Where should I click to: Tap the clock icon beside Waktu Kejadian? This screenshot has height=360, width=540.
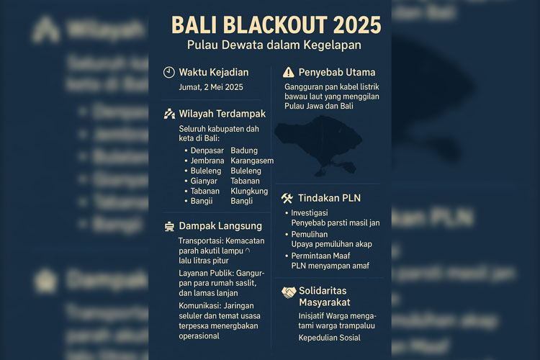pyautogui.click(x=168, y=72)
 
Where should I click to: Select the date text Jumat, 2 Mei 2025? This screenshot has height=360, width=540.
pyautogui.click(x=211, y=87)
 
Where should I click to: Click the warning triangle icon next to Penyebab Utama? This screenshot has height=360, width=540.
pyautogui.click(x=288, y=72)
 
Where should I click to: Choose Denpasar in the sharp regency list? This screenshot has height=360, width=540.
pyautogui.click(x=207, y=150)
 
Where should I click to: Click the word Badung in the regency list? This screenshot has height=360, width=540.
pyautogui.click(x=244, y=150)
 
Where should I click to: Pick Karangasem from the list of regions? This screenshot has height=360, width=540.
pyautogui.click(x=252, y=161)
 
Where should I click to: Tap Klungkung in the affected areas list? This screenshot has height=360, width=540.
pyautogui.click(x=249, y=191)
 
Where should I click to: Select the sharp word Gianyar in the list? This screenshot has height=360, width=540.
pyautogui.click(x=205, y=181)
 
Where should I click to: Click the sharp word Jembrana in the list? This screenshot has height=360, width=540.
pyautogui.click(x=208, y=161)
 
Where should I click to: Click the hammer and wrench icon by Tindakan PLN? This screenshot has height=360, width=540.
pyautogui.click(x=287, y=198)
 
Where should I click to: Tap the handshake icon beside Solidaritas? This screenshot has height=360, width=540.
pyautogui.click(x=288, y=292)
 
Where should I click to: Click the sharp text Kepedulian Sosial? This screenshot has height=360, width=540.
pyautogui.click(x=329, y=338)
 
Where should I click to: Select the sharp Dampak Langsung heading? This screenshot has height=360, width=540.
pyautogui.click(x=220, y=225)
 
